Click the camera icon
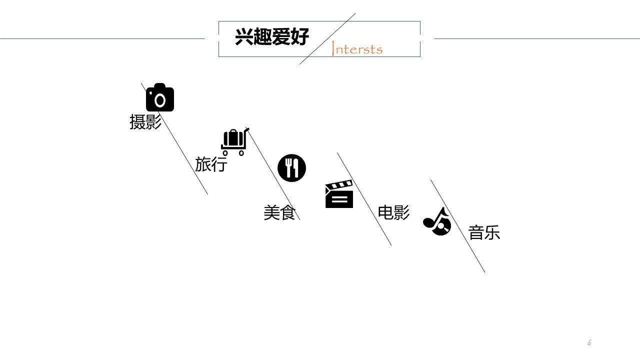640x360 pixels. tap(160, 97)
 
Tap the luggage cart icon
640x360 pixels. tap(234, 142)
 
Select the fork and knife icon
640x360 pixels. tap(291, 168)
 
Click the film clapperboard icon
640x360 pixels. tap(339, 194)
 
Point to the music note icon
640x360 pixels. tap(437, 221)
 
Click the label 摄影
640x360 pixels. tap(145, 122)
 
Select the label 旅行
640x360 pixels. tap(211, 164)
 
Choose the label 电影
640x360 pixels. tap(393, 213)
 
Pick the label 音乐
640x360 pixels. tap(484, 233)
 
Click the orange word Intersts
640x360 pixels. tap(357, 49)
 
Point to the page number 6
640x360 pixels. tap(589, 343)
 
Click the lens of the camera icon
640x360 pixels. tap(160, 100)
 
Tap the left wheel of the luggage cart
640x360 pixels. tap(225, 153)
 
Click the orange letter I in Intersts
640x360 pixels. tap(333, 48)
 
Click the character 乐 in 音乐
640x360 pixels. tap(492, 233)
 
